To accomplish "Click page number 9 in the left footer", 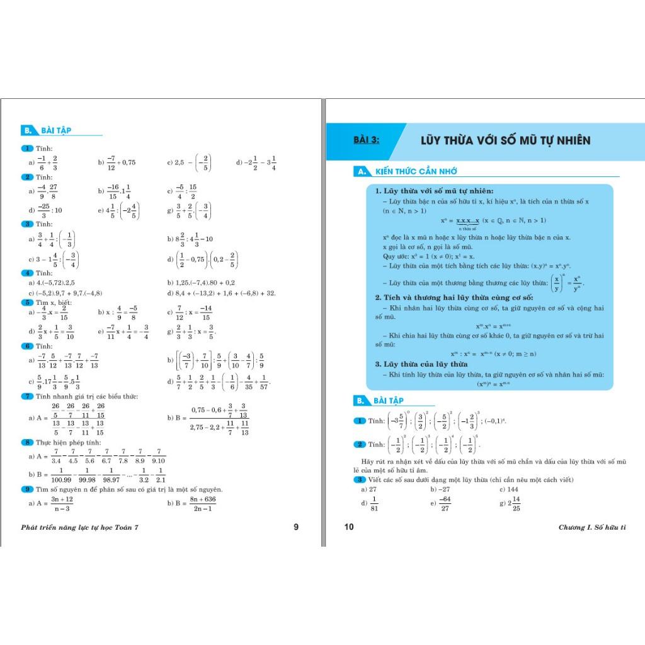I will point(296,527).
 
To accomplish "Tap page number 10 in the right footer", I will point(350,527).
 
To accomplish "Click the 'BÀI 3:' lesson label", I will point(367,140).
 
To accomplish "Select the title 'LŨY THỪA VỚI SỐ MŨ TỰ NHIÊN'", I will point(505,140).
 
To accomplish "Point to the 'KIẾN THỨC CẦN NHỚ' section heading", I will point(416,171).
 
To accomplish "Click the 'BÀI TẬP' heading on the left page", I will point(56,130).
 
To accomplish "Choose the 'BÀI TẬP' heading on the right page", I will point(388,400).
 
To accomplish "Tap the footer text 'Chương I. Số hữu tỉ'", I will point(592,527).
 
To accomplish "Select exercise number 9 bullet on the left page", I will point(27,489).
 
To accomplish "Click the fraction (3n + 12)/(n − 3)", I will point(62,503).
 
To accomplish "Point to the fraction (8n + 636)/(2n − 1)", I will point(202,503).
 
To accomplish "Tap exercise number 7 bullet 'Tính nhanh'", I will point(27,396).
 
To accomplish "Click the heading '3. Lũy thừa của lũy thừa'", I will point(421,363).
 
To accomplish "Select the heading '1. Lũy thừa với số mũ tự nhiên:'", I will point(434,191).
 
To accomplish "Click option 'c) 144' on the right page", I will point(508,489).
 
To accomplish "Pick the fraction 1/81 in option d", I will point(374,504).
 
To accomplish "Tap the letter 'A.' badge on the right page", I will point(361,171).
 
